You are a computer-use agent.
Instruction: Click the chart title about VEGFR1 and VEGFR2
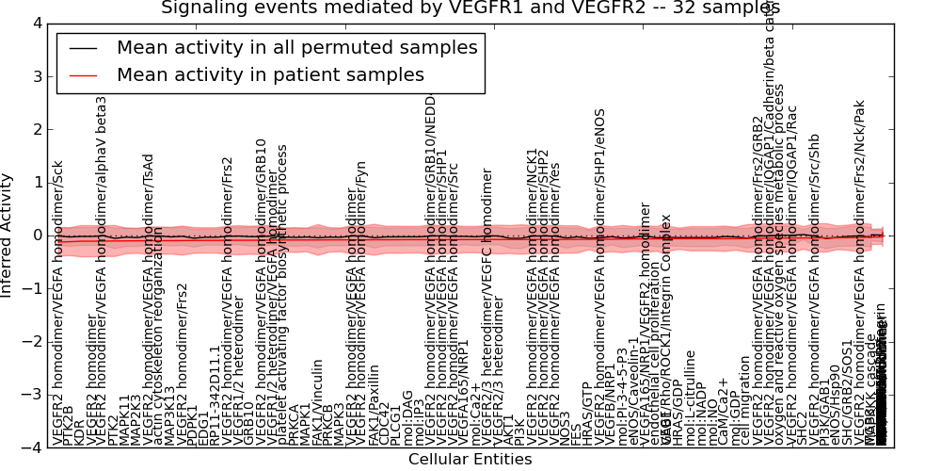pyautogui.click(x=470, y=8)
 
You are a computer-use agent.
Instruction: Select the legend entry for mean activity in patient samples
pyautogui.click(x=270, y=74)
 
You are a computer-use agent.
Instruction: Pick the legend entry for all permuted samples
pyautogui.click(x=296, y=47)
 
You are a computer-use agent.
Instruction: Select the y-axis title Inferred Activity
pyautogui.click(x=8, y=235)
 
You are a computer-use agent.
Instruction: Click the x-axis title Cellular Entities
pyautogui.click(x=470, y=460)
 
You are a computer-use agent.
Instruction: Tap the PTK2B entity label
pyautogui.click(x=69, y=424)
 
